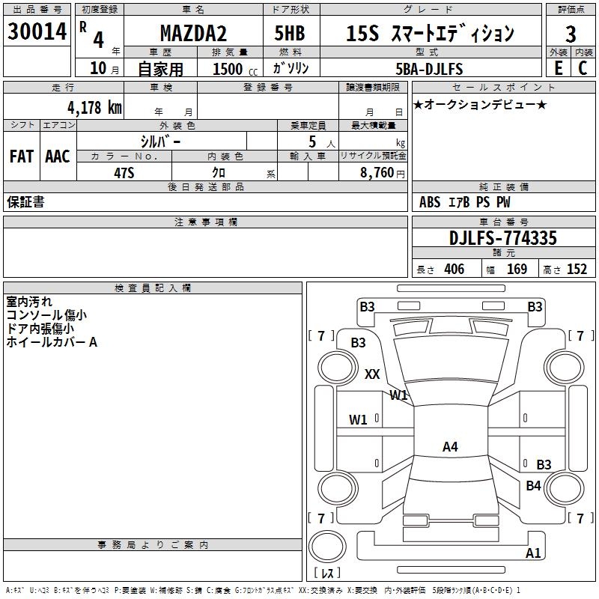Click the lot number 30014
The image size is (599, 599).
[x=37, y=32]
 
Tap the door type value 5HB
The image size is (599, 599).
[x=290, y=34]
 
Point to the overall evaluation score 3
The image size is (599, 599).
[x=571, y=34]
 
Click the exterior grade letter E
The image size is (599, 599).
[x=558, y=68]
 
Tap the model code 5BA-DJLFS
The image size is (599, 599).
[x=429, y=69]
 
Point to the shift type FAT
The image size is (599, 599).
[x=21, y=156]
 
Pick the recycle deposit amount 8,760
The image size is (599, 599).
[x=377, y=172]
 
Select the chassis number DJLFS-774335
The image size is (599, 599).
[x=503, y=238]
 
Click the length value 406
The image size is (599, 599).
[x=453, y=270]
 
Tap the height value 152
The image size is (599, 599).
[x=577, y=270]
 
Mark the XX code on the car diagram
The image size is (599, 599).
[x=372, y=374]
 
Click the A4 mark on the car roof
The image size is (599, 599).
[x=450, y=447]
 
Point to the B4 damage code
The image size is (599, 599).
[x=533, y=486]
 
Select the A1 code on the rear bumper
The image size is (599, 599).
[x=533, y=553]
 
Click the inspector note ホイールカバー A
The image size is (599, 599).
[x=52, y=342]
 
